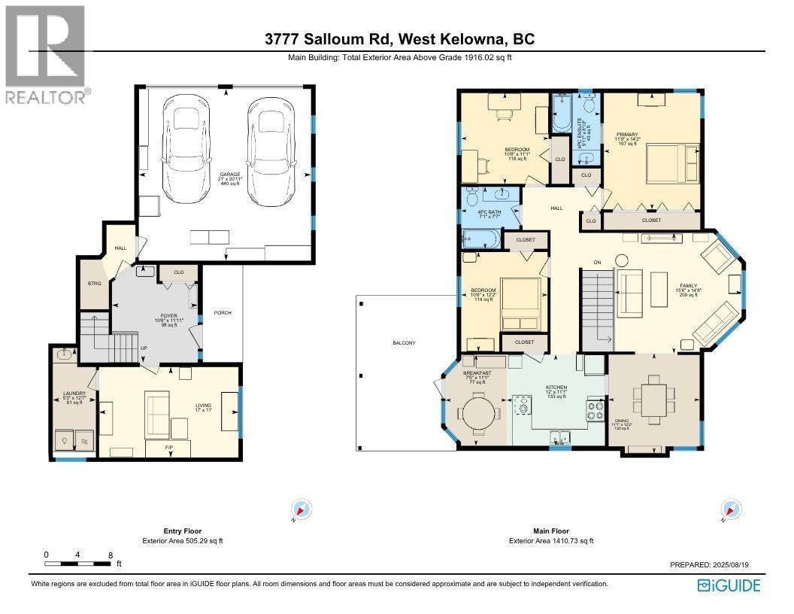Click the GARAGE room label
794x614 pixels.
[x=225, y=175]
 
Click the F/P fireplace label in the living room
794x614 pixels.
[x=169, y=447]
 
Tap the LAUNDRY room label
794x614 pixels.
[x=74, y=394]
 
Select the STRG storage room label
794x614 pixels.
[x=94, y=284]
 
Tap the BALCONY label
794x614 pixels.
[x=404, y=343]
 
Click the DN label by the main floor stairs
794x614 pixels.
[x=598, y=262]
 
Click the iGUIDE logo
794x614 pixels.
[x=729, y=585]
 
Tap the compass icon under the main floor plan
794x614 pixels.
[x=728, y=509]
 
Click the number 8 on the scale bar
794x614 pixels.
[x=111, y=555]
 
